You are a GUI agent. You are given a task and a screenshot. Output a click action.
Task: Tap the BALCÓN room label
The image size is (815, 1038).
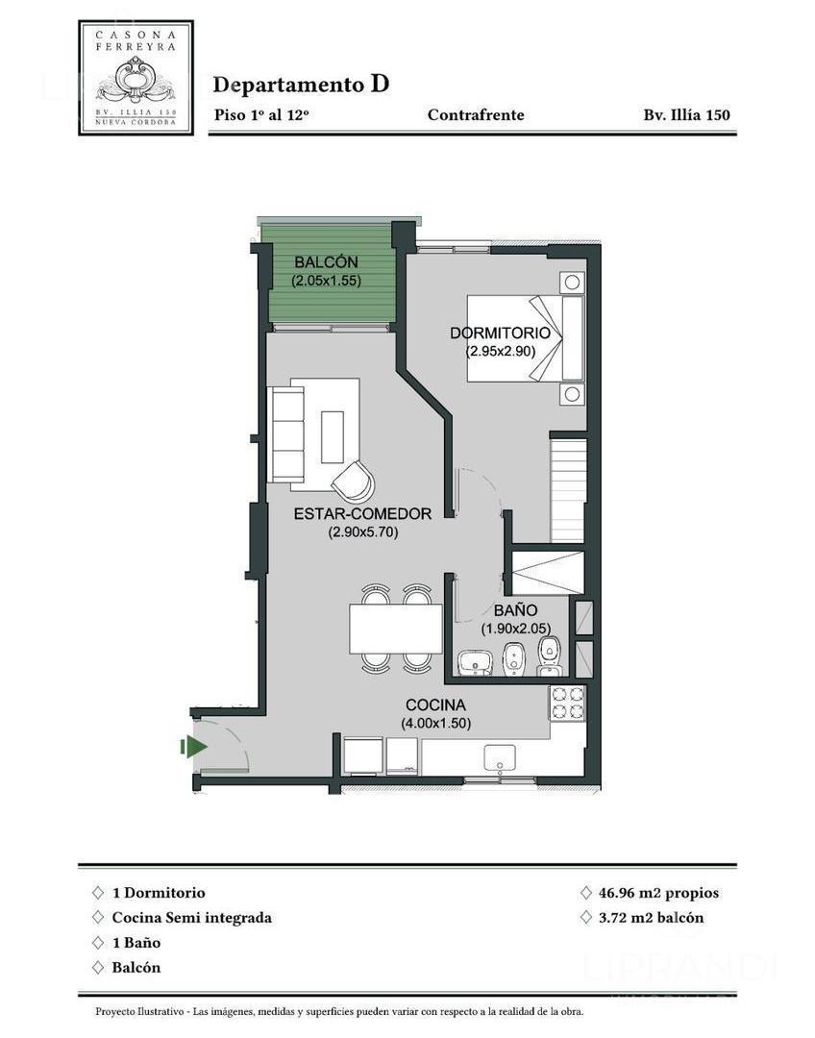coord(326,262)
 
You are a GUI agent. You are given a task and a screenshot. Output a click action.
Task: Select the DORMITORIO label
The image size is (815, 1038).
coord(500,333)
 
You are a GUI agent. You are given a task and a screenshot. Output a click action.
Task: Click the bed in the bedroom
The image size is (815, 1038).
coord(526,338)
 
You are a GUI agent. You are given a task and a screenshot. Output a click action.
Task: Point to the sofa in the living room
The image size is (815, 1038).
coord(285,434)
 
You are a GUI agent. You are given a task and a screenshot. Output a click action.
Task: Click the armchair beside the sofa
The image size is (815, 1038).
coord(353,480)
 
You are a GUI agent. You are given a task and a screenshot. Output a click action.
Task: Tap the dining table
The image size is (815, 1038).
coord(396,629)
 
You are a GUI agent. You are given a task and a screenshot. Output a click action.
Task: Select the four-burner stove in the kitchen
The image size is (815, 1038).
coord(568,703)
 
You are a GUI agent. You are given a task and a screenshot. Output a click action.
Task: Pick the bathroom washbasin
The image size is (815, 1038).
coord(475,662)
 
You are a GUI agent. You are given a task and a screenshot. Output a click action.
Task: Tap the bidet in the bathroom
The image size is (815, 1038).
coord(513,660)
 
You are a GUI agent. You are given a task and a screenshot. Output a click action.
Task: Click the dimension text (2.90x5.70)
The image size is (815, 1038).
coord(363,531)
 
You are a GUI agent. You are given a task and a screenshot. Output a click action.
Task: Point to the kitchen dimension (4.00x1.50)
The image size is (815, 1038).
coord(435,724)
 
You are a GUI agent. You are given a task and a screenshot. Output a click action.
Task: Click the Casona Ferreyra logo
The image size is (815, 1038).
coord(136,78)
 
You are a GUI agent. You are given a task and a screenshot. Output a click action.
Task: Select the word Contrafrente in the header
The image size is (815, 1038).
coord(476,115)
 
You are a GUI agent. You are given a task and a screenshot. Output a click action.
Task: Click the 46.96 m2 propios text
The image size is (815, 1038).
coord(658,893)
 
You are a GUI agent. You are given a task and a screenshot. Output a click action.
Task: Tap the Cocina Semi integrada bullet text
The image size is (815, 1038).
coord(192,918)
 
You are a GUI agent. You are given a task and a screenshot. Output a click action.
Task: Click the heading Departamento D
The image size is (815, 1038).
coord(301,84)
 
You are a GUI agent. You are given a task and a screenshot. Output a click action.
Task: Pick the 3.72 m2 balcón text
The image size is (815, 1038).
coord(651,918)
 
